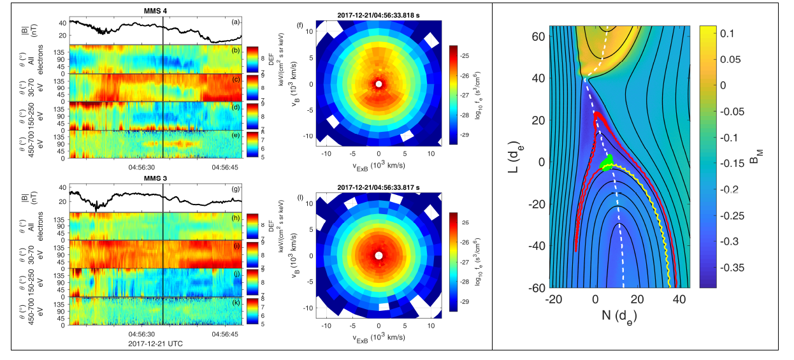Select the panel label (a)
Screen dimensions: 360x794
point(236,23)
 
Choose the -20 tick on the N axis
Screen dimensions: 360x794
point(554,299)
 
